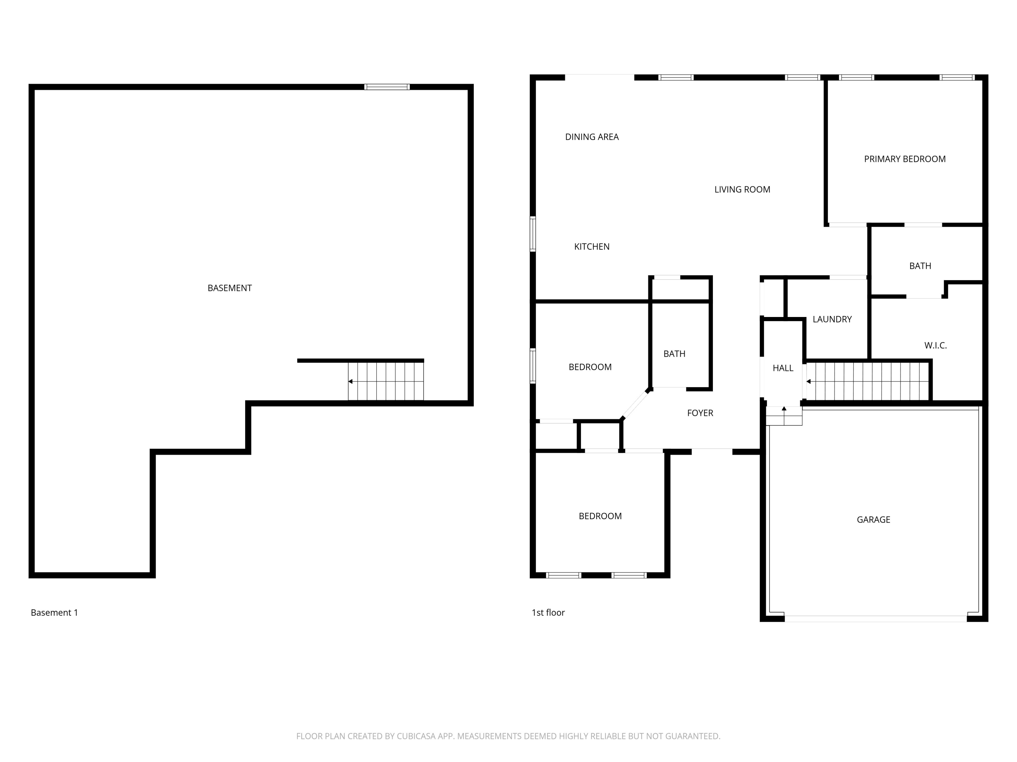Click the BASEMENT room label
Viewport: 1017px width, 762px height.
pyautogui.click(x=230, y=288)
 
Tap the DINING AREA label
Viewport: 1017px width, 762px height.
pyautogui.click(x=592, y=137)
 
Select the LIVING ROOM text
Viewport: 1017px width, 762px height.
pyautogui.click(x=742, y=189)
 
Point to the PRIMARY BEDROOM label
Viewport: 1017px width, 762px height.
pyautogui.click(x=904, y=159)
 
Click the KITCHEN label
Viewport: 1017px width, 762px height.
pyautogui.click(x=592, y=247)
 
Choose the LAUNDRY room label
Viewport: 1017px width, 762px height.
pyautogui.click(x=832, y=319)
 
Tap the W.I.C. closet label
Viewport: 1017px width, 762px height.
pyautogui.click(x=935, y=345)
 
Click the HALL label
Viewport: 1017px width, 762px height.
pyautogui.click(x=782, y=368)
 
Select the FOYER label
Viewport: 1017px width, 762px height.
pyautogui.click(x=700, y=413)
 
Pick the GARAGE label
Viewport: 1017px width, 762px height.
pyautogui.click(x=873, y=520)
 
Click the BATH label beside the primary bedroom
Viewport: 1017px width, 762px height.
pyautogui.click(x=920, y=266)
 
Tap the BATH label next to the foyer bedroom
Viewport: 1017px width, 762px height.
pyautogui.click(x=674, y=354)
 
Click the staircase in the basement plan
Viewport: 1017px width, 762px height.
pyautogui.click(x=385, y=381)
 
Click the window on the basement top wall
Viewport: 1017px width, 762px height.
pyautogui.click(x=387, y=87)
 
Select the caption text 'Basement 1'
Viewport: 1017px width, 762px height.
pyautogui.click(x=54, y=612)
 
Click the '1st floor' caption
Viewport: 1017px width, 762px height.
pyautogui.click(x=548, y=612)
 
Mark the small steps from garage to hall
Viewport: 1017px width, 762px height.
pyautogui.click(x=783, y=416)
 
